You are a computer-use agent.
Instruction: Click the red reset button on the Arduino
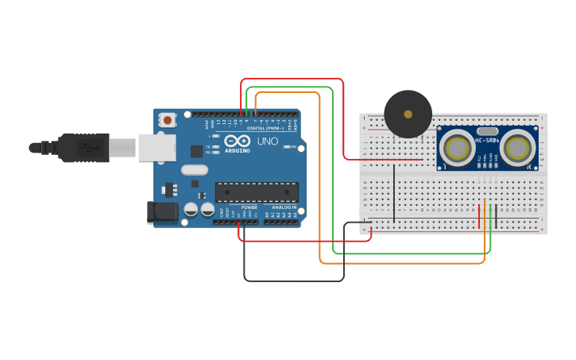tap(168, 120)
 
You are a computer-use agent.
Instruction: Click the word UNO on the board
tap(267, 141)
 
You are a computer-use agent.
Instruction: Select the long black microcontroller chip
tap(257, 192)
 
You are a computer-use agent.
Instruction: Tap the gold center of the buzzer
tap(408, 114)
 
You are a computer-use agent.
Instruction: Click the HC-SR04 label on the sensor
tap(487, 141)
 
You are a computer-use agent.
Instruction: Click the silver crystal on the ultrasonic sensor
tap(487, 130)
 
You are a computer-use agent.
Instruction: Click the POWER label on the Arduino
tap(249, 207)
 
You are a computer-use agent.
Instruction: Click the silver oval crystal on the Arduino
tap(194, 169)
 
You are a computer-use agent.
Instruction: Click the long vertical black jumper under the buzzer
tap(393, 193)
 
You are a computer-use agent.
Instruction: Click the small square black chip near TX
tap(195, 151)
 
